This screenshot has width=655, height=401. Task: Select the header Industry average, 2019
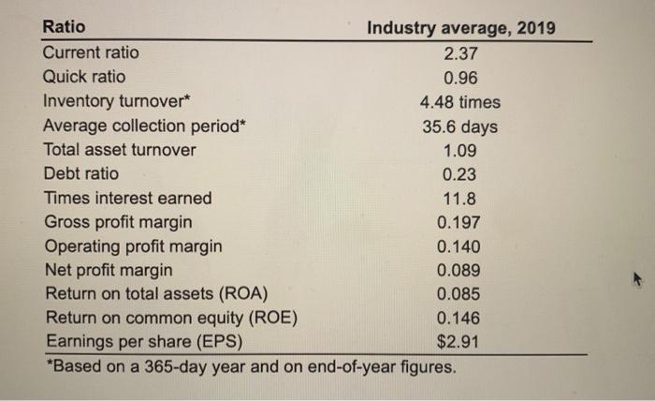(x=460, y=28)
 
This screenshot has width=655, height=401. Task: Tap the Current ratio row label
(x=92, y=52)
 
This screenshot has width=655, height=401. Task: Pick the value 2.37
(x=459, y=53)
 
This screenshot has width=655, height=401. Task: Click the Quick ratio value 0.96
(x=459, y=78)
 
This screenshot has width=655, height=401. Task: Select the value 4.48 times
(x=459, y=102)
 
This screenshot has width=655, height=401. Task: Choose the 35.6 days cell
(x=459, y=126)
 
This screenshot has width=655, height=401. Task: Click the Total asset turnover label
(x=121, y=150)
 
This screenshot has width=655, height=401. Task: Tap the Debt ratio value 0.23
(x=459, y=174)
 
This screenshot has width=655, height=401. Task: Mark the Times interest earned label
(x=128, y=198)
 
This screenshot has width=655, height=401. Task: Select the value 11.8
(x=459, y=199)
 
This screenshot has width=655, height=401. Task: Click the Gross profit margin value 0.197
(x=459, y=223)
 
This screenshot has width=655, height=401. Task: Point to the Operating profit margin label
(x=134, y=246)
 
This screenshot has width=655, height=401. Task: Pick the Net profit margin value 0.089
(x=459, y=271)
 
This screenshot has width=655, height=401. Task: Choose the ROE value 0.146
(x=459, y=319)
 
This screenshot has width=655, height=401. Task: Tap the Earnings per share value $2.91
(x=459, y=342)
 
